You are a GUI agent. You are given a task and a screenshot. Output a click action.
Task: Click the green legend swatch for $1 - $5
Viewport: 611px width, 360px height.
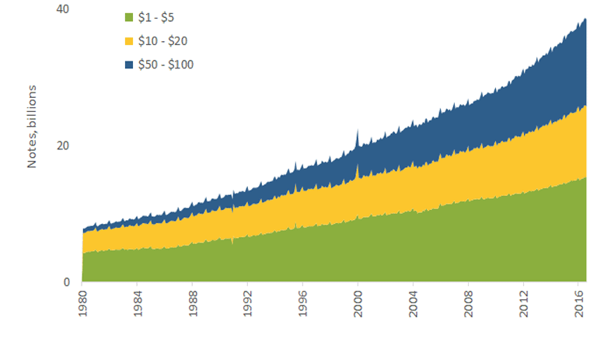[128, 17]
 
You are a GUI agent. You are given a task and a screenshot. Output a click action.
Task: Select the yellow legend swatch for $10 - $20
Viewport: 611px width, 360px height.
[128, 40]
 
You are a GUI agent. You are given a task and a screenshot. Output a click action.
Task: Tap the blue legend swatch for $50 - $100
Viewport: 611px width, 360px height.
[128, 65]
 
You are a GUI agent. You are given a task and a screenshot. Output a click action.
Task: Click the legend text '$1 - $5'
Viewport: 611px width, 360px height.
[156, 17]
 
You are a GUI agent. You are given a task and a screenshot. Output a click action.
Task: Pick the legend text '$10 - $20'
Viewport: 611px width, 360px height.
[162, 40]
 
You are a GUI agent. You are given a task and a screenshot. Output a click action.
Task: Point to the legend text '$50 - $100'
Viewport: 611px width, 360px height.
[165, 65]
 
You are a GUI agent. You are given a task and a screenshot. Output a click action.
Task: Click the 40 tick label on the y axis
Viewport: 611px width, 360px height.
[62, 9]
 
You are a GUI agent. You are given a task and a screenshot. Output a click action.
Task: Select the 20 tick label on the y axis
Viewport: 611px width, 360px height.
[62, 145]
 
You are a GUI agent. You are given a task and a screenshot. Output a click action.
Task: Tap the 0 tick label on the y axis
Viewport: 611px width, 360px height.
[66, 282]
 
